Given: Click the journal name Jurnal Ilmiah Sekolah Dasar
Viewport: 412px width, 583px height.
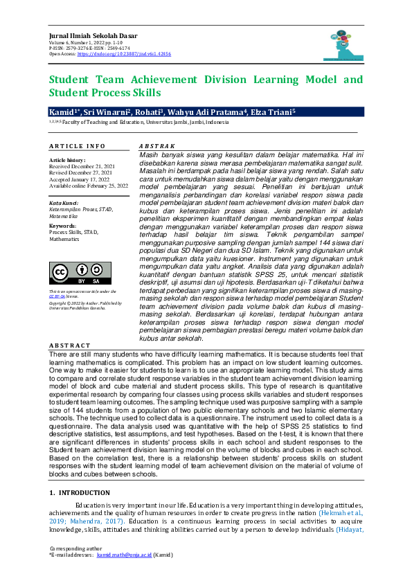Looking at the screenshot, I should [x=93, y=35].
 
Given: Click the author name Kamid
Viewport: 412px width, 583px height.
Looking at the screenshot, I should [x=62, y=111].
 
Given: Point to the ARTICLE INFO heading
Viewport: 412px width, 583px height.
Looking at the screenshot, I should [x=77, y=146].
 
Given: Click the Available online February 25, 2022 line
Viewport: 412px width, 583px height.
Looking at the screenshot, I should [x=89, y=187].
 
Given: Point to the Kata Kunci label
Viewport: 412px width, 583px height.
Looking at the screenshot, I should [x=64, y=203].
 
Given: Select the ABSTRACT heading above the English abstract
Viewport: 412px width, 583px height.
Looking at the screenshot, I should [x=69, y=345].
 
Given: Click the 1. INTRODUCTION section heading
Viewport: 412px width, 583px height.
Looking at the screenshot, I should [x=80, y=493].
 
